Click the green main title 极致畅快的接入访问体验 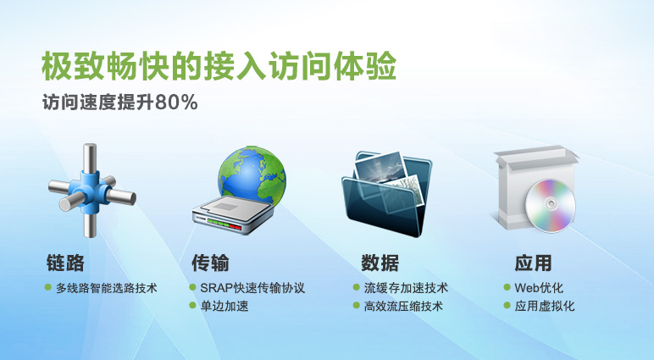219,65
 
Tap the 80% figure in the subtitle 176,102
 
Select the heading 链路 65,263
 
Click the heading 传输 210,263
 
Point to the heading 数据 380,263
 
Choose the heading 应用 533,263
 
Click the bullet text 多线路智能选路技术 107,288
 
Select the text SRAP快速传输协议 252,288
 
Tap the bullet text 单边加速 224,306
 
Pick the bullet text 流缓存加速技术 406,288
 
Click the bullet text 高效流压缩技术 403,306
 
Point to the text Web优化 539,288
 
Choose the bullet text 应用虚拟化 545,306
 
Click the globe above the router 252,174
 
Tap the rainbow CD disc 550,206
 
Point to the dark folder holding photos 386,194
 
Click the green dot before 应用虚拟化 507,306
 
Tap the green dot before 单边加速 192,306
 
